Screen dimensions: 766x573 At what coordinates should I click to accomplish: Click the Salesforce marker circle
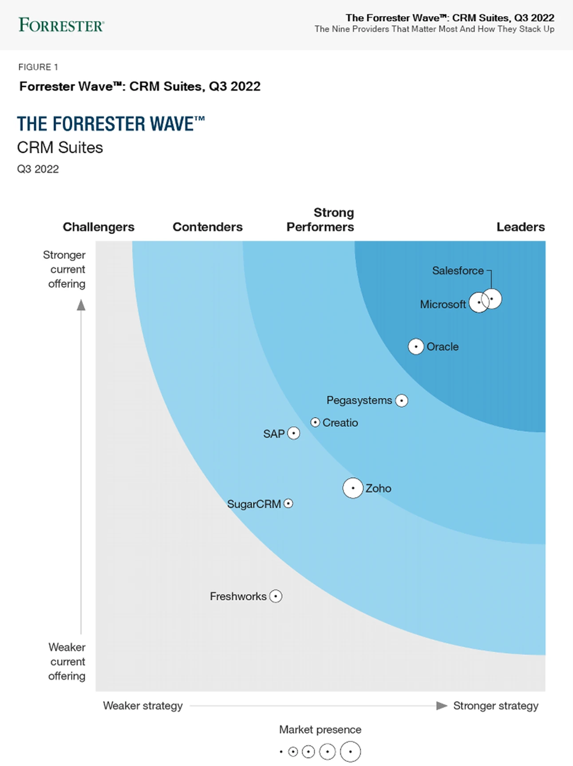492,299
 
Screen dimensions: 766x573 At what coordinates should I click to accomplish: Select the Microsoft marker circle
479,302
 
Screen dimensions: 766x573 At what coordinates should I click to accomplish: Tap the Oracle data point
416,346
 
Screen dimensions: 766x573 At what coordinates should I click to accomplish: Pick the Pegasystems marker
402,400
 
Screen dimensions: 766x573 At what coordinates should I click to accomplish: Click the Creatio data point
315,422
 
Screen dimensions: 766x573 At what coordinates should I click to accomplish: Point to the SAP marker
293,433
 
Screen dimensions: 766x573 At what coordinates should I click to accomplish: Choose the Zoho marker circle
353,488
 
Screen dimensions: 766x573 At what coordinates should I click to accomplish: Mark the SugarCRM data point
288,503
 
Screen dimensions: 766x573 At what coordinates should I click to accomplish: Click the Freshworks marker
276,596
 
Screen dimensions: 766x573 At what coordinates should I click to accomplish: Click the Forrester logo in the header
61,25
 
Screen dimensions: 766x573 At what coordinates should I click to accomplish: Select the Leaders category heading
520,227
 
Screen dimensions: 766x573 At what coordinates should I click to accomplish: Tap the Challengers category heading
99,227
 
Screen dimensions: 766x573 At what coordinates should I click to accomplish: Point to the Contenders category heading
207,227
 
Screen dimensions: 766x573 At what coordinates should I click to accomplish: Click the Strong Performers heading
320,220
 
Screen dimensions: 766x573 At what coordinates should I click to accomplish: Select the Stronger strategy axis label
496,706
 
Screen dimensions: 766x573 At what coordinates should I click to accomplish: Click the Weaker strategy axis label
143,706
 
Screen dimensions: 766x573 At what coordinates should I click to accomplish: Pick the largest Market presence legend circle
350,751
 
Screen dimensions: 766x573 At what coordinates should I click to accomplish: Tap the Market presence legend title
320,729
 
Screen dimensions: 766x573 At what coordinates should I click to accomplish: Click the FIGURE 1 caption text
38,67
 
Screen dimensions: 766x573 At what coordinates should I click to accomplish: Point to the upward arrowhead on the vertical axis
81,305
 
